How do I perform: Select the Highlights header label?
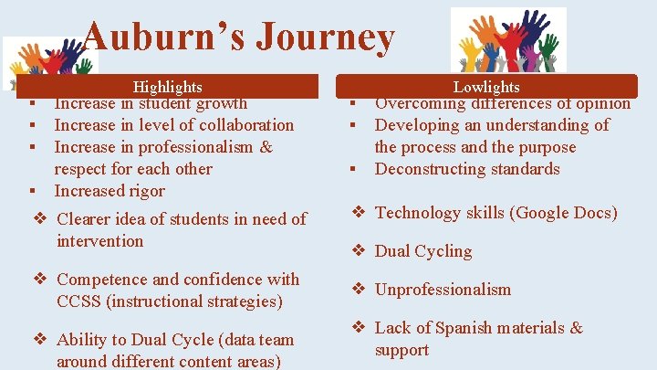tap(167, 87)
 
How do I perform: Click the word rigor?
tap(146, 191)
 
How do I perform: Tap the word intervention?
tap(99, 241)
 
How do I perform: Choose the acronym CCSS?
tap(78, 301)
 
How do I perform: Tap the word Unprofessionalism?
tap(443, 290)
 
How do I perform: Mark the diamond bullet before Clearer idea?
tap(40, 219)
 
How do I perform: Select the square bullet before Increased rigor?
tap(31, 191)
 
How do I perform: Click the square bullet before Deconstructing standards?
tap(351, 169)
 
